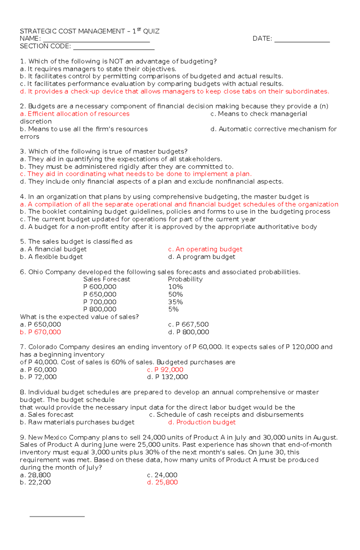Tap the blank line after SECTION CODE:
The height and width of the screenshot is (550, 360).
point(114,49)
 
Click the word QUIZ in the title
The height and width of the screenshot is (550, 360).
point(151,31)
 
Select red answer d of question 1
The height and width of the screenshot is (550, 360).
point(174,91)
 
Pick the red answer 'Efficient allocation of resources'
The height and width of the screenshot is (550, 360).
point(75,114)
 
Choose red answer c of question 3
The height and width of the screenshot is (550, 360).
point(136,174)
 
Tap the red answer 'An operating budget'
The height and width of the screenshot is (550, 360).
point(205,249)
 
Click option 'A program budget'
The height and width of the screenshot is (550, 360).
point(202,257)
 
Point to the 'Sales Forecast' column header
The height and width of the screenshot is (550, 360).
point(106,279)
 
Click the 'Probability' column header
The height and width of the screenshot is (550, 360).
point(185,279)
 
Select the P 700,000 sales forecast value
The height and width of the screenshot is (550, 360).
point(100,302)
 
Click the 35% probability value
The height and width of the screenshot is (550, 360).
point(175,302)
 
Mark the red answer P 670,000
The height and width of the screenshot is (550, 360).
point(40,332)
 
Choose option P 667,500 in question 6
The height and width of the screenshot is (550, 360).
point(188,325)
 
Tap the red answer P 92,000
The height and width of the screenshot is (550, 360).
point(165,370)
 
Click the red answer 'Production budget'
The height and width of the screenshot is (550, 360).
point(202,422)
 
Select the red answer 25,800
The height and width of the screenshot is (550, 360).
point(162,483)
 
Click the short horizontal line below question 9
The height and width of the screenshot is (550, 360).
point(57,516)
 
